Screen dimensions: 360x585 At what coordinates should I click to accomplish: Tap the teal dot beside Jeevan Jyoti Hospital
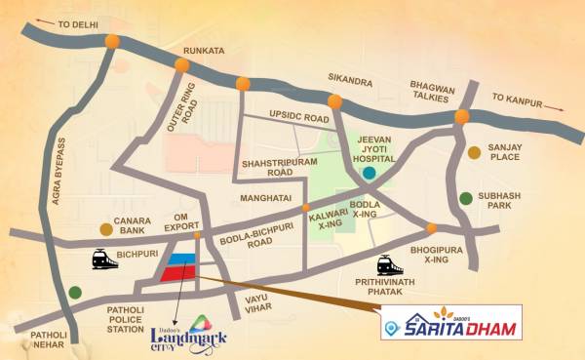tap(370, 174)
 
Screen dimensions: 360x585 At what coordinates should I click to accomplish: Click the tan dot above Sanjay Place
tap(474, 152)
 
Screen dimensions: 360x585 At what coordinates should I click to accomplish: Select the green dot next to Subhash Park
tap(467, 196)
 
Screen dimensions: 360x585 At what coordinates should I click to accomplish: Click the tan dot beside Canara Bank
tap(105, 230)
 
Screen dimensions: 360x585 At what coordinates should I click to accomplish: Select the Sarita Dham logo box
tap(450, 322)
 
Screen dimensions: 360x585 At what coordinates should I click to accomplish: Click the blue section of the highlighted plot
tap(181, 259)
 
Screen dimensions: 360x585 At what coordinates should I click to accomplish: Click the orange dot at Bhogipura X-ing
tap(432, 229)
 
